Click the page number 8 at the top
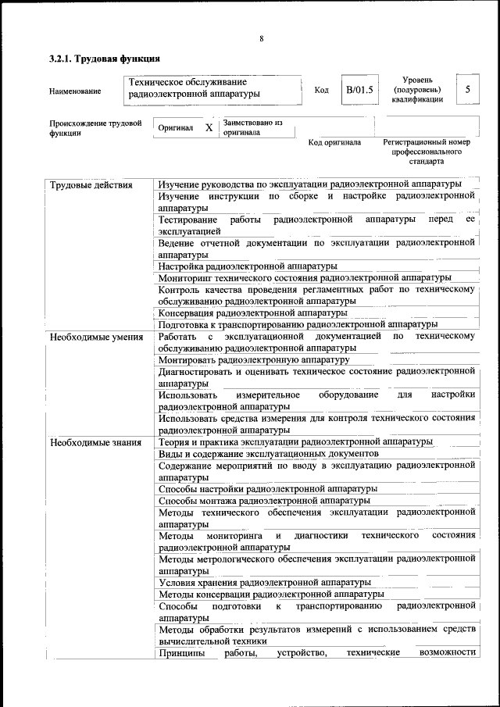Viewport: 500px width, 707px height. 262,39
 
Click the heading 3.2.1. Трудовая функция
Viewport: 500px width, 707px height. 105,59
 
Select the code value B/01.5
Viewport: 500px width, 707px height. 360,90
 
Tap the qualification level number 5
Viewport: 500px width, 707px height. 467,90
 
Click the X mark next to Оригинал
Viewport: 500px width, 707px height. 209,127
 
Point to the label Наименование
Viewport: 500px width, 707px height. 75,91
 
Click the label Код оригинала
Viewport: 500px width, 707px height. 334,143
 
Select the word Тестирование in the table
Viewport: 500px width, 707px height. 188,220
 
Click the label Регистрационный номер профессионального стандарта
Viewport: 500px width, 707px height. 426,152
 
